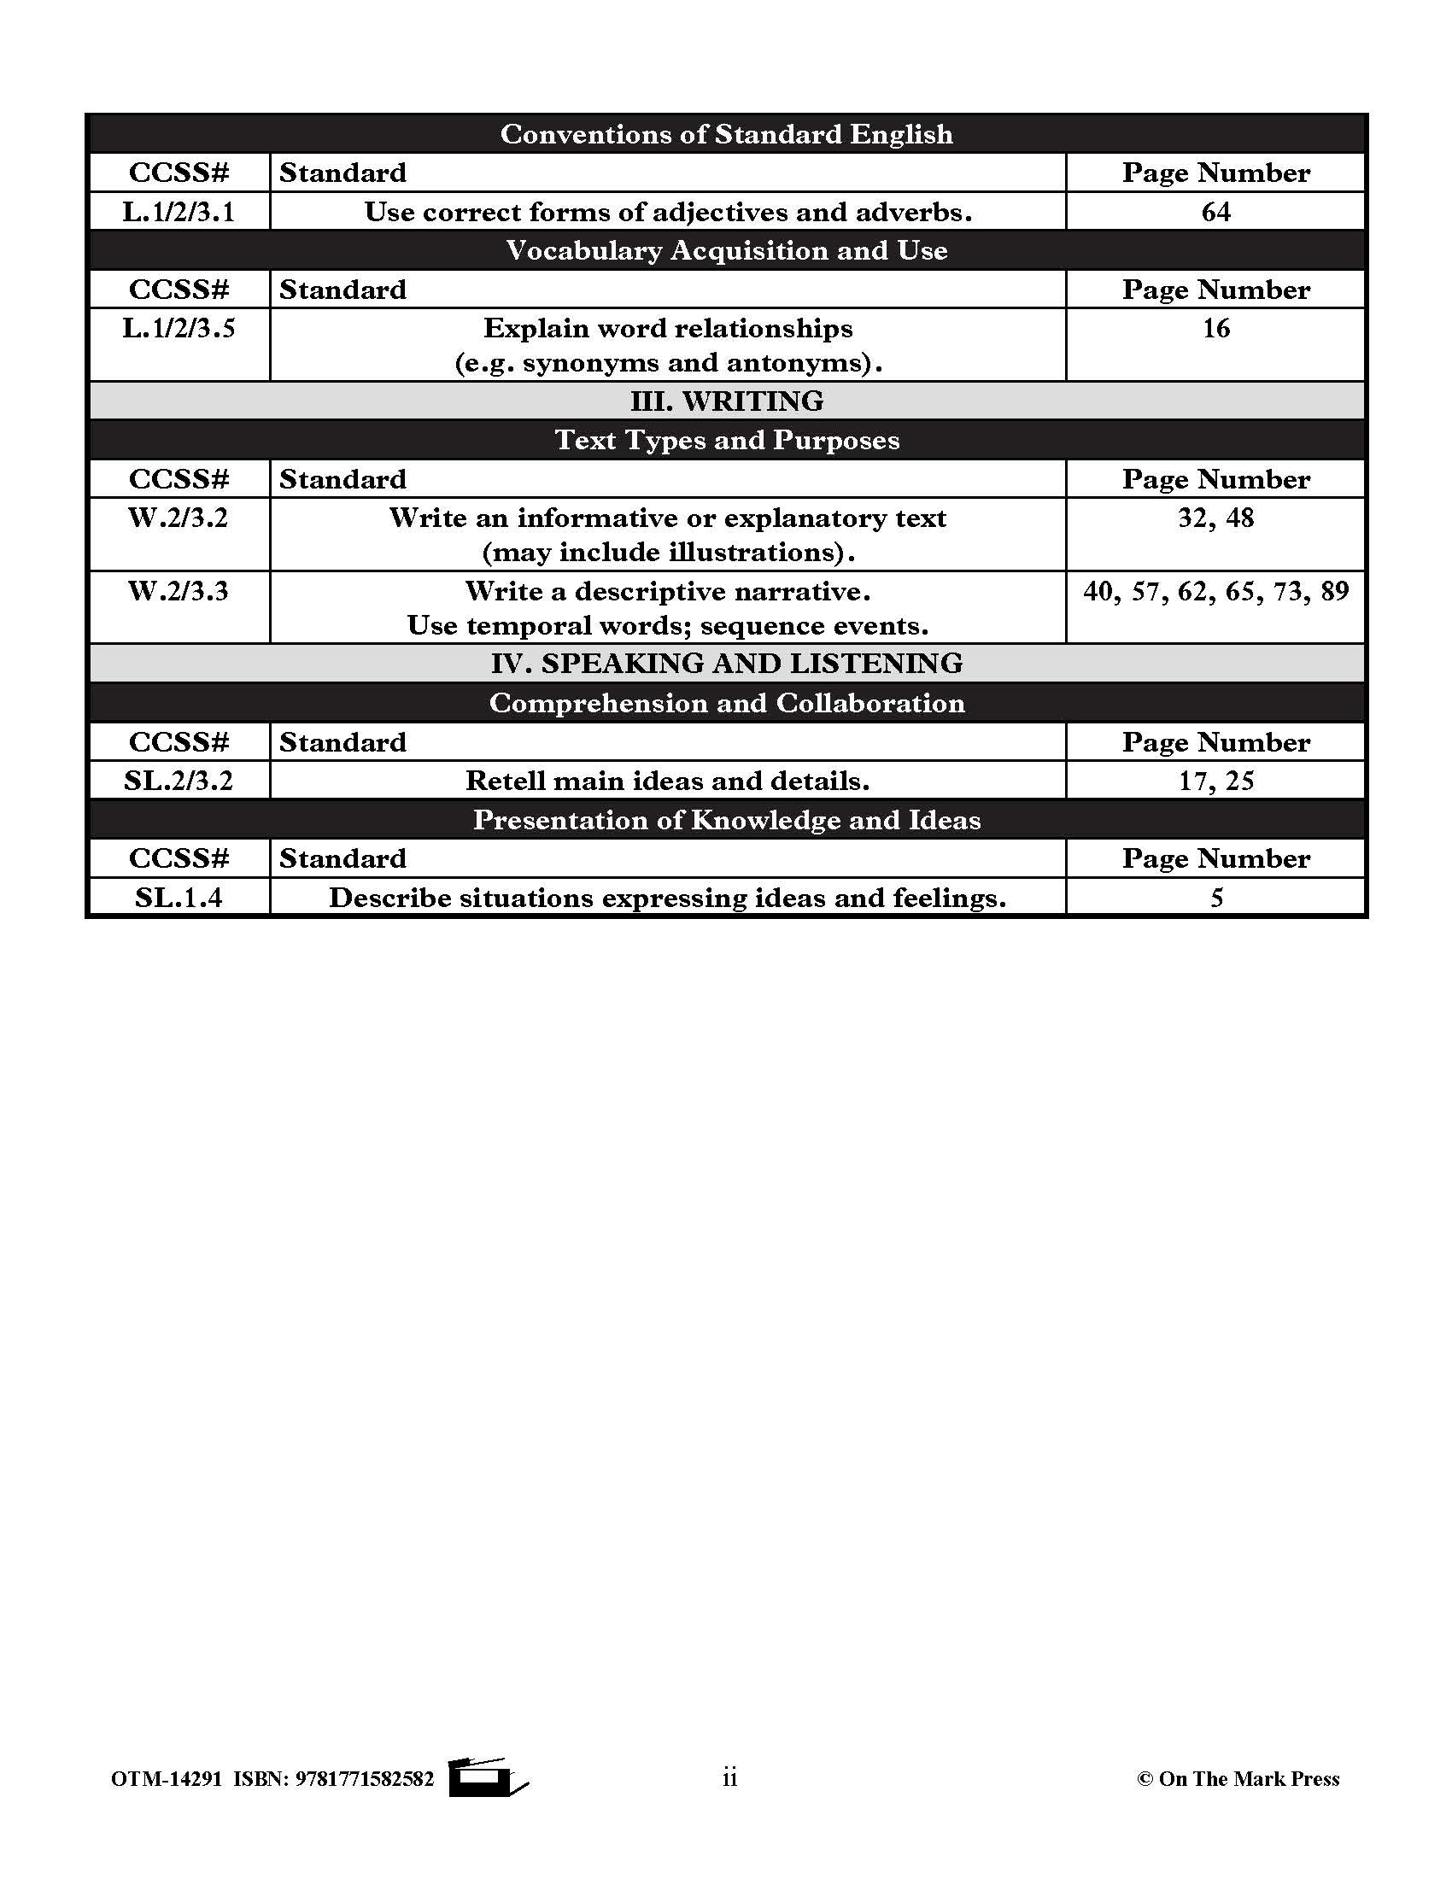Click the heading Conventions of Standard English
click(726, 134)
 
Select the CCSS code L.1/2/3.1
click(178, 212)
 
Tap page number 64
click(1215, 212)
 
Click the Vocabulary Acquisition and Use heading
click(726, 250)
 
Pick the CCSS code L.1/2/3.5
click(178, 329)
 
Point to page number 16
click(1215, 329)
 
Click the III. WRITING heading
click(726, 401)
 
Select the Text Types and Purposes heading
click(726, 440)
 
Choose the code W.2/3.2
click(178, 518)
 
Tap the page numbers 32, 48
click(1215, 518)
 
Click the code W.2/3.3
click(178, 591)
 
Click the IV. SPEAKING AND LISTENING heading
click(726, 664)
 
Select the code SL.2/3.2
click(178, 781)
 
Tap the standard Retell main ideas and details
click(668, 781)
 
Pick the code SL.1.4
click(178, 898)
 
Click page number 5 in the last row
click(1215, 898)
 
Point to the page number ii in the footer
click(729, 1777)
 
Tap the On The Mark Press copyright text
click(1238, 1778)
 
